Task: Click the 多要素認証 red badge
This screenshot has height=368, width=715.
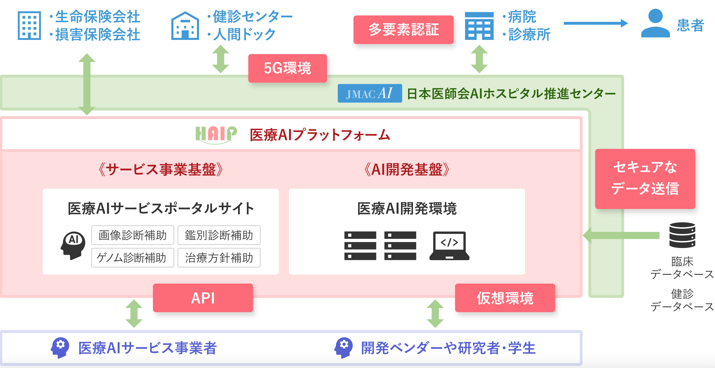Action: tap(403, 30)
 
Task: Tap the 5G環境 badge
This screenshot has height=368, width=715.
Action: tap(287, 68)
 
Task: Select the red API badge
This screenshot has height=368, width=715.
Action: tap(203, 298)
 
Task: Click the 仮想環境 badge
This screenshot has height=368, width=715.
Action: tap(505, 298)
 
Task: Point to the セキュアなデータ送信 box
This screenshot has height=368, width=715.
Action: tap(645, 179)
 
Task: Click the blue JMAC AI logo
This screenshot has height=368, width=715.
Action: tap(370, 93)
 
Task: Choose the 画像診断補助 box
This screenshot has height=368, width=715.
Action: tap(133, 235)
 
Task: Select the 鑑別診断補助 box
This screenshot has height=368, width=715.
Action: tap(219, 235)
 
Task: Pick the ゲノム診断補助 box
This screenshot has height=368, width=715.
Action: tap(133, 258)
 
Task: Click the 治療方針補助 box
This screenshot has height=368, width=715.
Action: tap(219, 258)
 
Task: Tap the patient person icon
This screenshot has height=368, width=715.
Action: tap(655, 23)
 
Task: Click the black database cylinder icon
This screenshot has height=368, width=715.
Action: tap(682, 235)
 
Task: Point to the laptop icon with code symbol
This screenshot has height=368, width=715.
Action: tap(449, 246)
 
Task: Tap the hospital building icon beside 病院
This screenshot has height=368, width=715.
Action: tap(479, 26)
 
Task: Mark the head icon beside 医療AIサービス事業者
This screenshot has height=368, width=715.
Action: tap(60, 348)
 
